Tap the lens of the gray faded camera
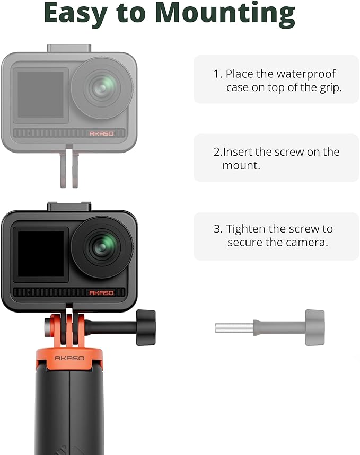101,88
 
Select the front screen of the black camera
41,254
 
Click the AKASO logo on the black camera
101,292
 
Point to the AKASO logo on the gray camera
101,134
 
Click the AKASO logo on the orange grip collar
69,358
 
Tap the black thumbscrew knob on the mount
146,327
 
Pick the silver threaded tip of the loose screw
234,328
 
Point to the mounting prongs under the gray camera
69,168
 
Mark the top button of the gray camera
69,48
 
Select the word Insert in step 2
238,152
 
